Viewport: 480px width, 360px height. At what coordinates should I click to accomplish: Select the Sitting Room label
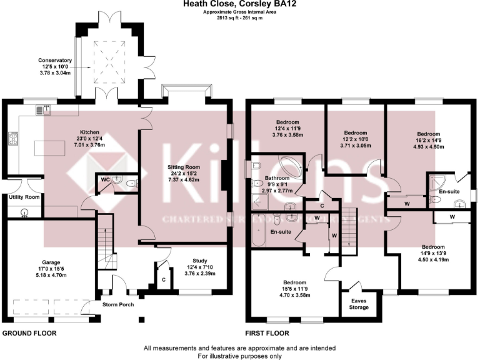[x=183, y=167]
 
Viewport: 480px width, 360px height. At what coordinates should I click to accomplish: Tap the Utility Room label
[x=24, y=197]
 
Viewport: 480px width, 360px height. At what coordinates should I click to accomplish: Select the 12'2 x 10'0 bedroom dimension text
[x=354, y=139]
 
